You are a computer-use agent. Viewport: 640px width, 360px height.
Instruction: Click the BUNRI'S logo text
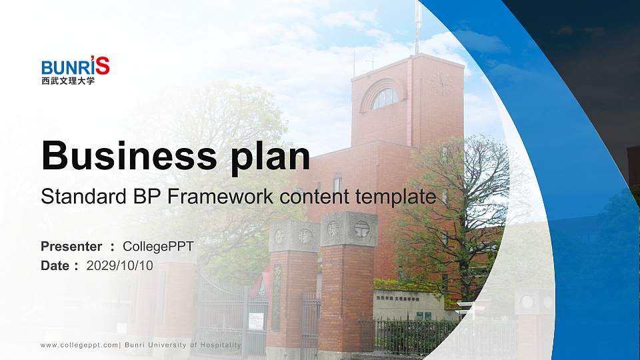click(75, 67)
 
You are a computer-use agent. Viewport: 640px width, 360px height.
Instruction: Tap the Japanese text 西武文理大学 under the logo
click(67, 81)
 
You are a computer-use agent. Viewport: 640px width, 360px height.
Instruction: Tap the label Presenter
click(71, 247)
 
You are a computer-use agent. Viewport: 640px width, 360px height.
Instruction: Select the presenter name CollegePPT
click(158, 247)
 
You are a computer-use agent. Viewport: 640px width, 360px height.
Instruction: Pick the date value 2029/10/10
click(120, 265)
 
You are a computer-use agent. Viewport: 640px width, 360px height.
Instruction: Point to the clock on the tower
click(441, 83)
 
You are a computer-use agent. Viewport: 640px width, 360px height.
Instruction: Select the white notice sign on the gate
click(256, 321)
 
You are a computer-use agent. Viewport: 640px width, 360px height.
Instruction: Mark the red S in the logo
click(103, 65)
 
